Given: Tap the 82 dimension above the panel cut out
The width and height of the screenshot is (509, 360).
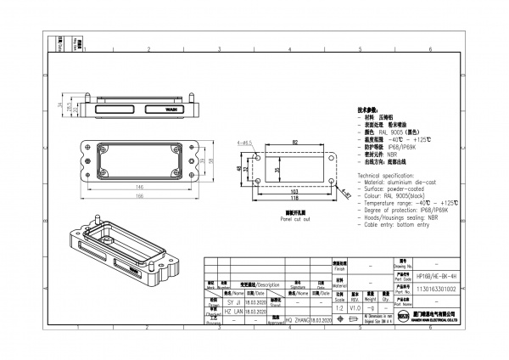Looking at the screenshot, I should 294,142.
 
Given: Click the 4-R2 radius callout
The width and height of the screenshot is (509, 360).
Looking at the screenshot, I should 346,194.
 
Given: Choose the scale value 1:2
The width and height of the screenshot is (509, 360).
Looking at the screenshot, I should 339,308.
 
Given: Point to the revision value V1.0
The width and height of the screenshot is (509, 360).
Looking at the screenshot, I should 355,308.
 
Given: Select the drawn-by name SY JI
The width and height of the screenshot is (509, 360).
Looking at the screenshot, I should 235,301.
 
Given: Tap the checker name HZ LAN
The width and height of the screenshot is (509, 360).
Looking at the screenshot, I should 235,312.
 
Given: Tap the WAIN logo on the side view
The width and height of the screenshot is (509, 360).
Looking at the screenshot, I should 171,110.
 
